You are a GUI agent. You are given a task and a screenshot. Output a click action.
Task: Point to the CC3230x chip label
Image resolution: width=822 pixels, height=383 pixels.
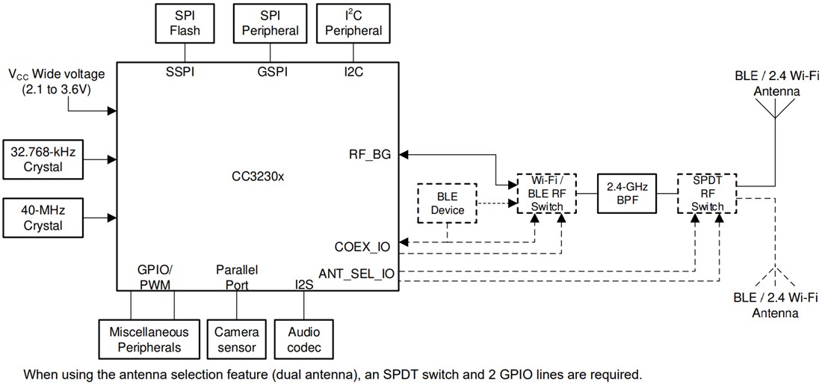pyautogui.click(x=258, y=177)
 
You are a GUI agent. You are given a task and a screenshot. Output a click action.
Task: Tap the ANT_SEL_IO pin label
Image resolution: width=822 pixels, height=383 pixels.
pyautogui.click(x=356, y=274)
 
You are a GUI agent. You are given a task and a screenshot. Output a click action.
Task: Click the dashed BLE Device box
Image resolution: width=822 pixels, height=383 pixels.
pyautogui.click(x=448, y=203)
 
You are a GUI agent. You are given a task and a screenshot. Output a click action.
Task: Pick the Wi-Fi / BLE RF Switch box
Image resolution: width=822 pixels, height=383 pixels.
pyautogui.click(x=546, y=194)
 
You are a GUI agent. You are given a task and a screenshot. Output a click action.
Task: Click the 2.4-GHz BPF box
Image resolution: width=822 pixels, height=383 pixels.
pyautogui.click(x=625, y=193)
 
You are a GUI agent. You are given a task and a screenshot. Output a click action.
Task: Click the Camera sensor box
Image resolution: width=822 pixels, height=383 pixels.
pyautogui.click(x=236, y=340)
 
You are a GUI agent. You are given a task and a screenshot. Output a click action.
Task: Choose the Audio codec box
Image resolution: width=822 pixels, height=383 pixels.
pyautogui.click(x=304, y=340)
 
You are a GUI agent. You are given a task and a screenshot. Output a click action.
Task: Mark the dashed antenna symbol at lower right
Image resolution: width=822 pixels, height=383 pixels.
pyautogui.click(x=775, y=278)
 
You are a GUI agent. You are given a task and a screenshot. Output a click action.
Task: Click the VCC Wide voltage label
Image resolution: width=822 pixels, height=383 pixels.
pyautogui.click(x=57, y=80)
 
